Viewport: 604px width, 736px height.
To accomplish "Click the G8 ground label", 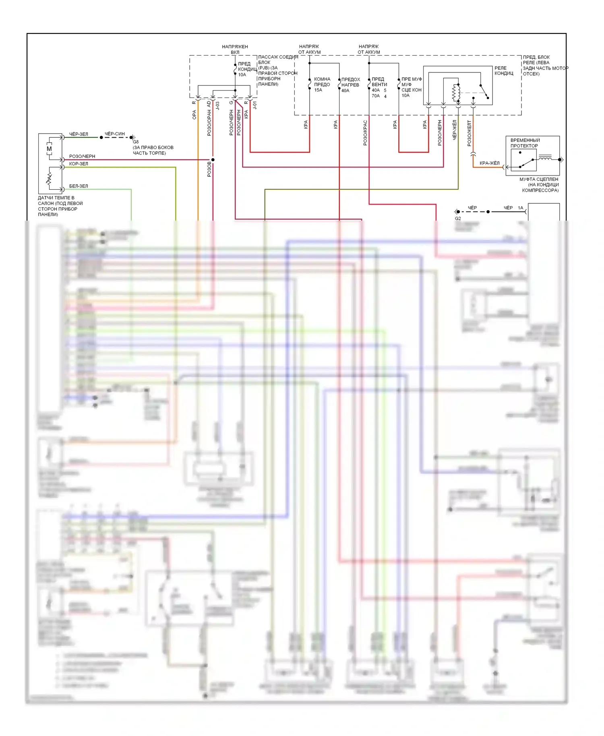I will tap(136, 142).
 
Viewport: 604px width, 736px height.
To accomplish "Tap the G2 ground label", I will tap(458, 219).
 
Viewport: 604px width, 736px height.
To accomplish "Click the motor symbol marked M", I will tap(49, 149).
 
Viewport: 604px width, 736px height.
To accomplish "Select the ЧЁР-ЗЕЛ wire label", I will tap(79, 134).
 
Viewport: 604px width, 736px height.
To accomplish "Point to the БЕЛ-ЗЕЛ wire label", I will tap(79, 186).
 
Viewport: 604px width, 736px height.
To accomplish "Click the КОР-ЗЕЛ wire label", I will tap(79, 164).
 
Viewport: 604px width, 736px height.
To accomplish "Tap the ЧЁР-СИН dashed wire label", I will tap(115, 134).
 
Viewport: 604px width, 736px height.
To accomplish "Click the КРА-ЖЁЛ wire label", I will tap(489, 163).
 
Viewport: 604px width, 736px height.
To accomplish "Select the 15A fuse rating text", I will tap(318, 90).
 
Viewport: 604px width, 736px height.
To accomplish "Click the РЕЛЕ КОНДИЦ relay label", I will tap(504, 71).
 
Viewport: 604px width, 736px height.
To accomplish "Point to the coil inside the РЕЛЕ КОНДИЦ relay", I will tap(456, 93).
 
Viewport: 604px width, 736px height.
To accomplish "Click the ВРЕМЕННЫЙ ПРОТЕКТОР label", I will tap(525, 143).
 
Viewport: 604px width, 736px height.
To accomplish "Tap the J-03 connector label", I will tap(217, 105).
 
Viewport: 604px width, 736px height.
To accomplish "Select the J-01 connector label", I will tap(254, 105).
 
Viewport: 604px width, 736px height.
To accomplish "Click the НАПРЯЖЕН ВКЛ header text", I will tap(235, 50).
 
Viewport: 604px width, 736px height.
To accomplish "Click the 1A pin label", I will tap(521, 208).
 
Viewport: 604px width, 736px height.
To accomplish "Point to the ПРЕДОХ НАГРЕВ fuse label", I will tap(350, 82).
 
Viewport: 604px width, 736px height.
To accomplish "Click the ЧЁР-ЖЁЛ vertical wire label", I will tap(455, 130).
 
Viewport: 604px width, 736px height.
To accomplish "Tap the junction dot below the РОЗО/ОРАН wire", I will tap(213, 160).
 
